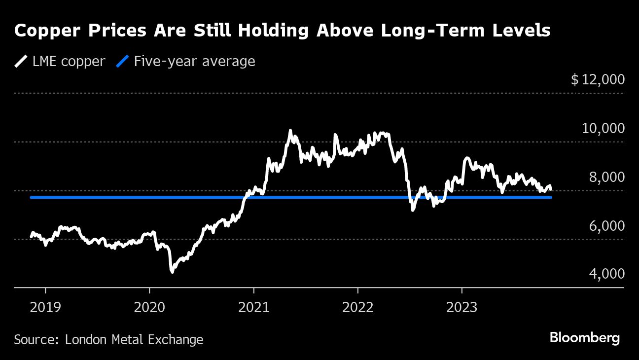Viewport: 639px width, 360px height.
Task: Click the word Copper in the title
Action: (x=46, y=31)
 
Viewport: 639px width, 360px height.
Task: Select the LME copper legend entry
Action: (x=60, y=61)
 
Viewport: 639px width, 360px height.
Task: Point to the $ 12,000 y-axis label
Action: (x=598, y=79)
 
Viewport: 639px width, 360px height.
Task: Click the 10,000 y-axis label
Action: (x=603, y=128)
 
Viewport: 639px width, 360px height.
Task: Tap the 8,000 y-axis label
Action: (x=606, y=177)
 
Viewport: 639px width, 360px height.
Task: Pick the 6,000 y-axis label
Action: (x=606, y=226)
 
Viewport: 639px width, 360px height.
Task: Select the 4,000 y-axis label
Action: (x=606, y=274)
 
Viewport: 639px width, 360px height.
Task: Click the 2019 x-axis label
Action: (x=45, y=308)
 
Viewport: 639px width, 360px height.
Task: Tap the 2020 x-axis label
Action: (x=149, y=308)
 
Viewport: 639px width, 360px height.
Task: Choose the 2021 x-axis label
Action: (x=253, y=308)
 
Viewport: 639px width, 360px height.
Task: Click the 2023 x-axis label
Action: (x=461, y=308)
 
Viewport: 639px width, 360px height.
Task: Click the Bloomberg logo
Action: (x=584, y=338)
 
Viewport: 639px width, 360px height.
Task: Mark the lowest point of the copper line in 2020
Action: (x=172, y=271)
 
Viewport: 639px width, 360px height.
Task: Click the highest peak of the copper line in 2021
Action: (x=290, y=131)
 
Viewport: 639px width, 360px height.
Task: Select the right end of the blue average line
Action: (x=551, y=197)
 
